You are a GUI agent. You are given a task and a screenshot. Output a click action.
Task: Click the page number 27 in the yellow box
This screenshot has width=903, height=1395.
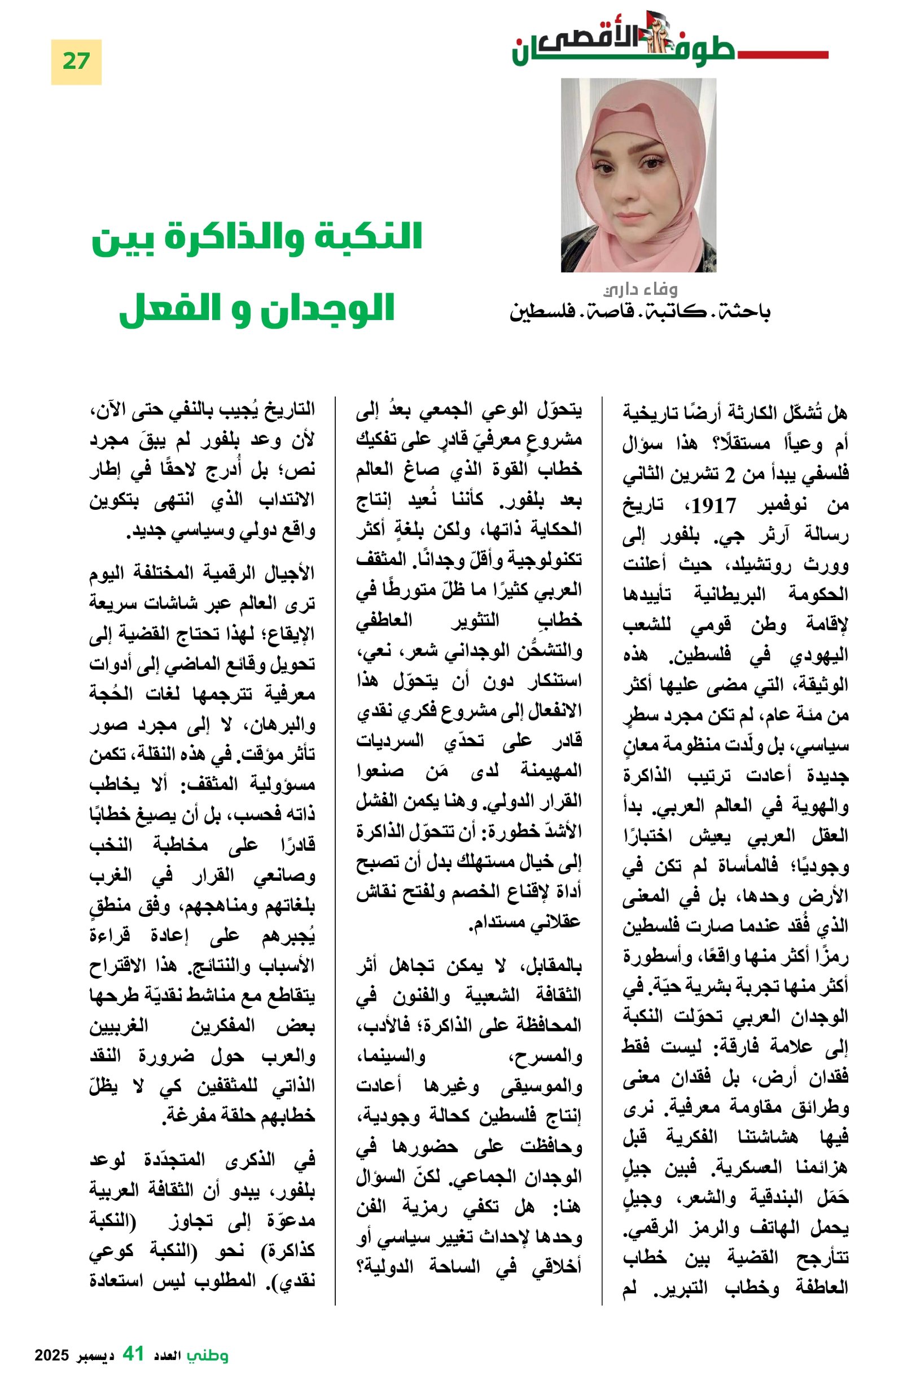pos(76,62)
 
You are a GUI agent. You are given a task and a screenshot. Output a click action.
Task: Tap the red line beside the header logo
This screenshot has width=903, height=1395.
pos(782,55)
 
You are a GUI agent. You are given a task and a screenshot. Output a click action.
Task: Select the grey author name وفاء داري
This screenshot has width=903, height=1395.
pos(640,289)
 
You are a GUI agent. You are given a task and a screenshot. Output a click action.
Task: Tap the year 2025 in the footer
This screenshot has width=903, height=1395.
pos(51,1355)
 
